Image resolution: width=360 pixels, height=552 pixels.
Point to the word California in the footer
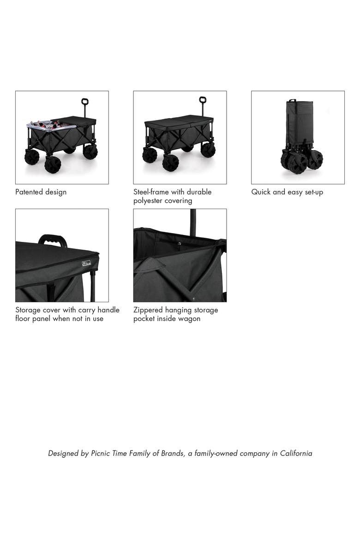(x=296, y=453)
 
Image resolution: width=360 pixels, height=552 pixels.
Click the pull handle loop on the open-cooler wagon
(x=84, y=102)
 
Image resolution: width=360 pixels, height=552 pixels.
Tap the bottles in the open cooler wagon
(x=46, y=124)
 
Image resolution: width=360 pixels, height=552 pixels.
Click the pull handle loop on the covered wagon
(x=202, y=100)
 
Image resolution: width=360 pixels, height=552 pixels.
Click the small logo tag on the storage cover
(x=87, y=264)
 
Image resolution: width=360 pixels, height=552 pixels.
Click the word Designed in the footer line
(x=63, y=453)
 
